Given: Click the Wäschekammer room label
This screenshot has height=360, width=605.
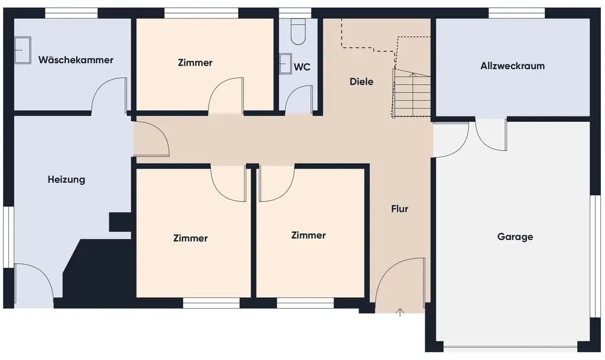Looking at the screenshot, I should point(76,60).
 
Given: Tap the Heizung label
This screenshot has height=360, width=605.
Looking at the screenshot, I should point(66,180).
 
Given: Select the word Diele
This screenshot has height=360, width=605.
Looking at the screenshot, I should point(361,82).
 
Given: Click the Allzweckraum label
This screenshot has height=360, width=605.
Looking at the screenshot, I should point(512,66).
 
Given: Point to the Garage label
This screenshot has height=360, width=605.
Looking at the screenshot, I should point(515,237).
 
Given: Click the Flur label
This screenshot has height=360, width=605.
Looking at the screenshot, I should point(399,209).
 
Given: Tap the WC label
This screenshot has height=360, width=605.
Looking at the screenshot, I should point(302,67).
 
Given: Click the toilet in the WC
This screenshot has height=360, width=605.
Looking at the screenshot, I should point(298,32).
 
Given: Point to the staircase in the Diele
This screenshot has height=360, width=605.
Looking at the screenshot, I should point(412,93).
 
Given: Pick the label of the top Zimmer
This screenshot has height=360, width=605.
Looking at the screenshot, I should point(194,63).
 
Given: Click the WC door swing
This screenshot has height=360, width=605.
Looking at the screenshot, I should point(300,99).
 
